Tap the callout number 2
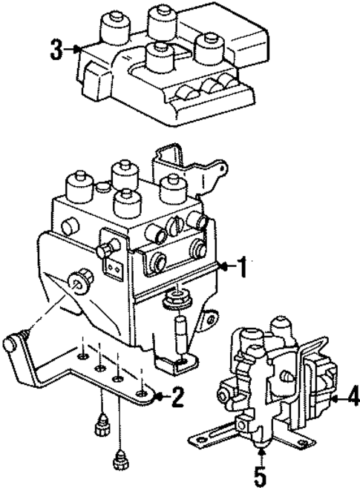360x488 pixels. (x=176, y=398)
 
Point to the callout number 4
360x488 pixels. (x=351, y=399)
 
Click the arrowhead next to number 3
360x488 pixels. (x=76, y=50)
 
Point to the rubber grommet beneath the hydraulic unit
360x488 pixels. (x=177, y=300)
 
